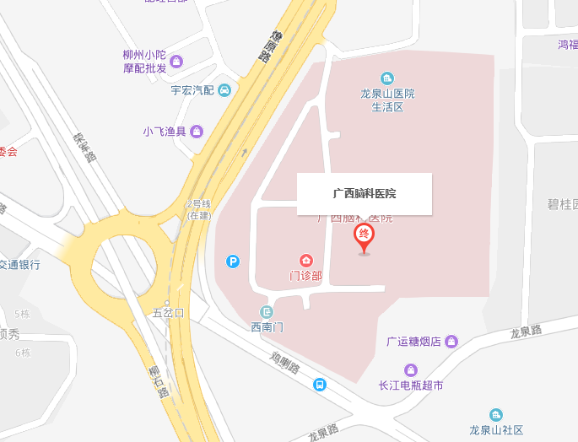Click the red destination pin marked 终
[x=365, y=237]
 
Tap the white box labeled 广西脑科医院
[x=365, y=193]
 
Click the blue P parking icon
[x=233, y=261]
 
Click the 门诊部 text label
[x=305, y=276]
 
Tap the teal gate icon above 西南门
[x=267, y=312]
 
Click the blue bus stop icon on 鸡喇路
[x=320, y=385]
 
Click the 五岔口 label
[x=167, y=312]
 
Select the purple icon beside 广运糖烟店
[x=452, y=341]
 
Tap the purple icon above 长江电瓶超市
[x=411, y=369]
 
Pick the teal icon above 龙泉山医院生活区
[x=387, y=78]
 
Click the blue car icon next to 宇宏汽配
[x=224, y=90]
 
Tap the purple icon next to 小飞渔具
[x=197, y=131]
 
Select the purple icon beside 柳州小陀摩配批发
[x=176, y=61]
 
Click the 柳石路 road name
[x=158, y=381]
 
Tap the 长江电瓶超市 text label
[x=411, y=385]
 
